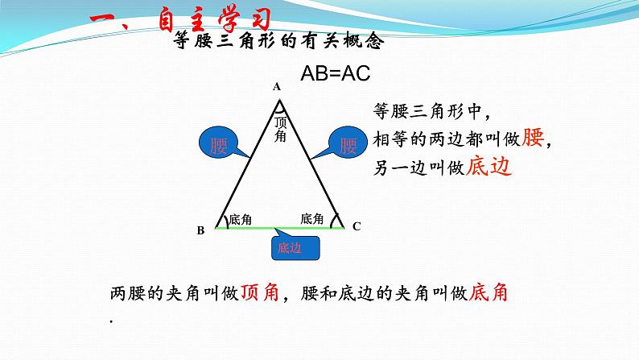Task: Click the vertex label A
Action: pyautogui.click(x=277, y=86)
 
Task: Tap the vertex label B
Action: pyautogui.click(x=201, y=230)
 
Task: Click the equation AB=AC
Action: pyautogui.click(x=335, y=73)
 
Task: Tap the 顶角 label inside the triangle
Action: pyautogui.click(x=280, y=129)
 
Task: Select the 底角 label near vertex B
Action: pyautogui.click(x=240, y=219)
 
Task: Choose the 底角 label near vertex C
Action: pyautogui.click(x=311, y=218)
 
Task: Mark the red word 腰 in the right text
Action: pyautogui.click(x=534, y=139)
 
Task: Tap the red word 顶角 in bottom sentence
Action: pyautogui.click(x=259, y=293)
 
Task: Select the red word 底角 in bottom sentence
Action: pyautogui.click(x=488, y=293)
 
